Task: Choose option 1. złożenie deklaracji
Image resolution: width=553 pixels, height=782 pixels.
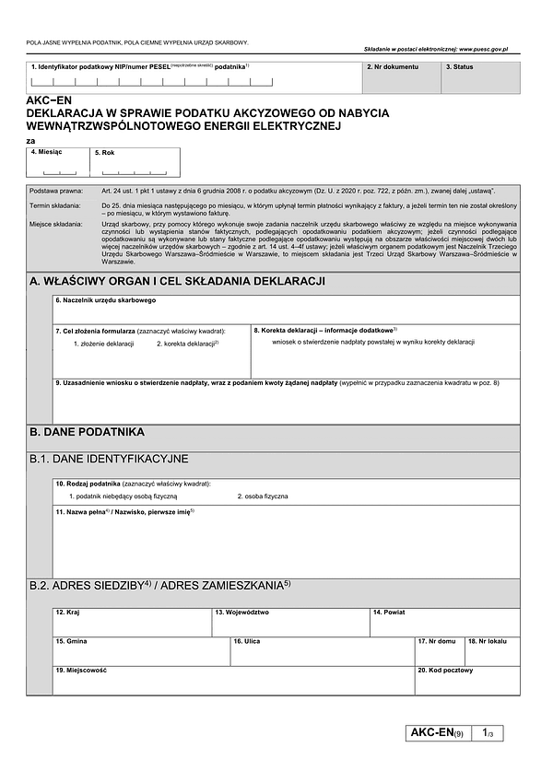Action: tap(104, 344)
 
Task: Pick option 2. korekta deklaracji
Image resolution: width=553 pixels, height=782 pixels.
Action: tap(187, 344)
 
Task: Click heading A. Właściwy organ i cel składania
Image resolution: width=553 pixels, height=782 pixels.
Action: tap(176, 282)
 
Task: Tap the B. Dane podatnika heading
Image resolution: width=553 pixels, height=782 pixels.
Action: tap(87, 431)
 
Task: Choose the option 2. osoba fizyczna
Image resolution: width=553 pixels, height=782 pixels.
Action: tap(263, 496)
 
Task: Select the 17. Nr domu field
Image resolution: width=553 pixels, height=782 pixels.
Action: tap(439, 652)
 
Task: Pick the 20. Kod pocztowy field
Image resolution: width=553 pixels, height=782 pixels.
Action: tap(466, 682)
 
